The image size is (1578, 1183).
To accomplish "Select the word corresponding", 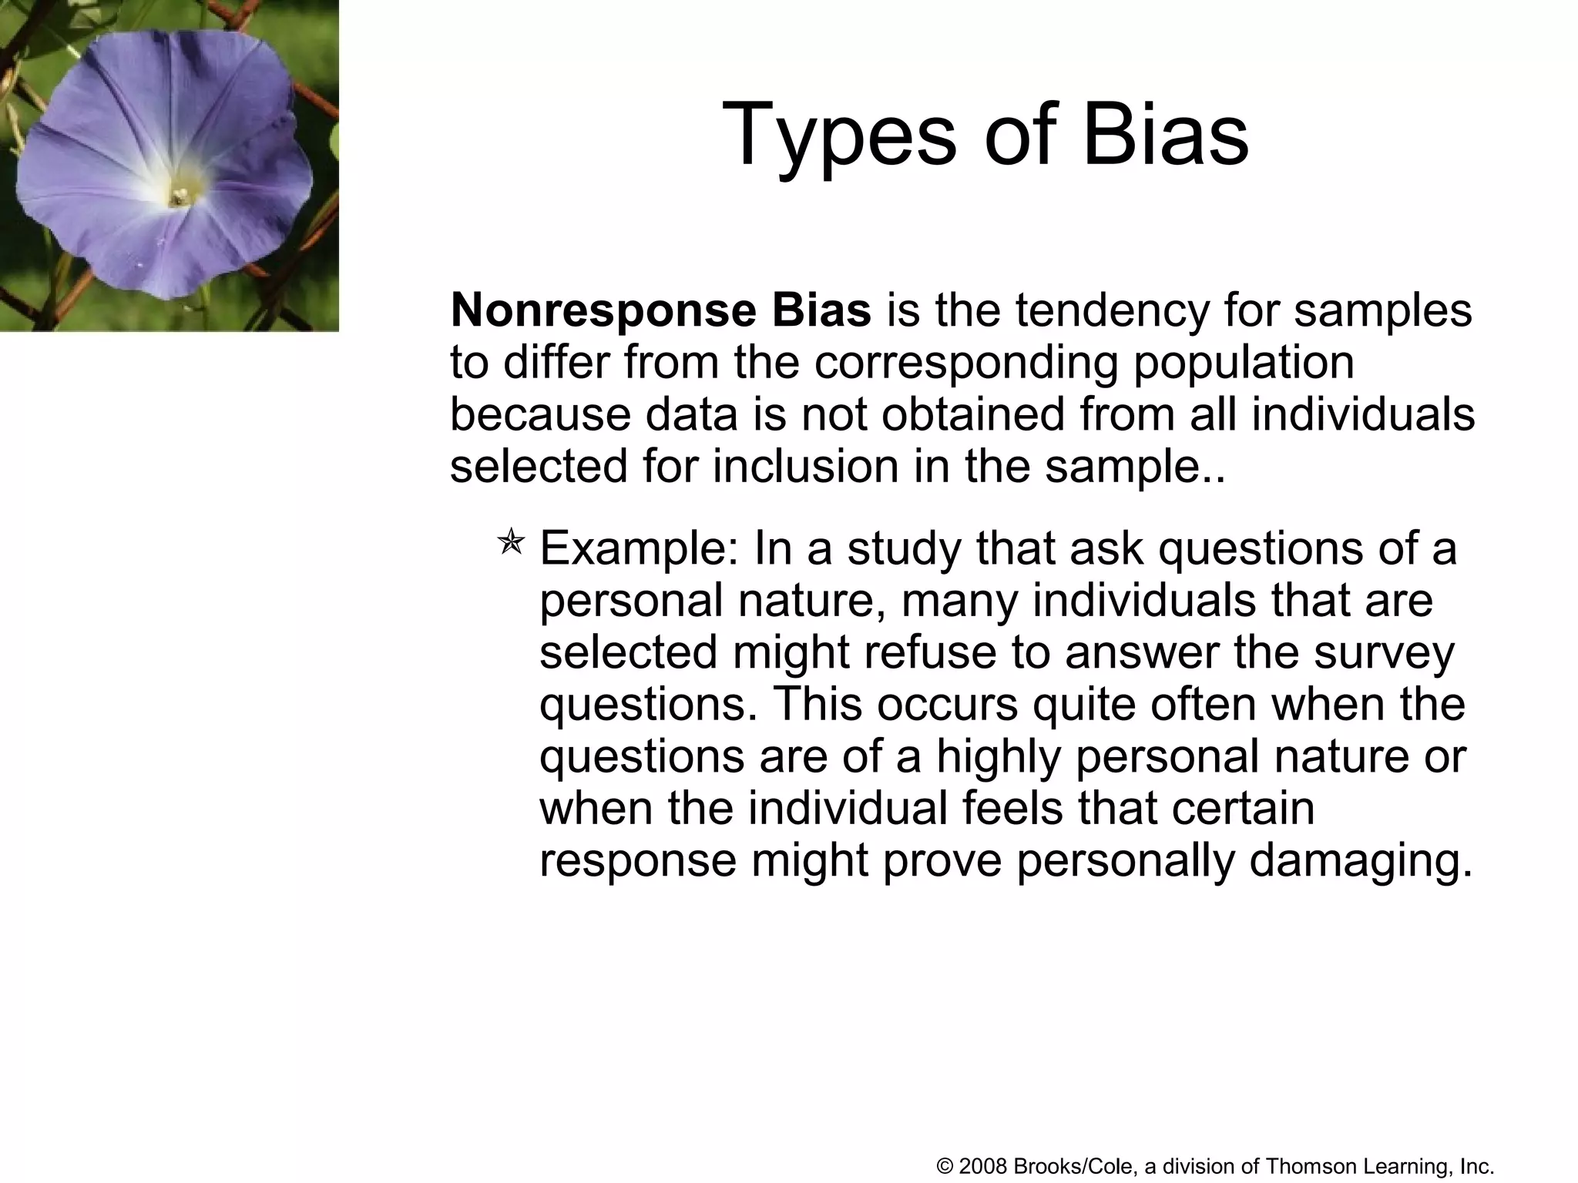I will (965, 363).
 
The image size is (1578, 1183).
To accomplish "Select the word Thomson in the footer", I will (1304, 1166).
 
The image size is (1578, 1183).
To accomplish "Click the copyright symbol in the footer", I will (945, 1166).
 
